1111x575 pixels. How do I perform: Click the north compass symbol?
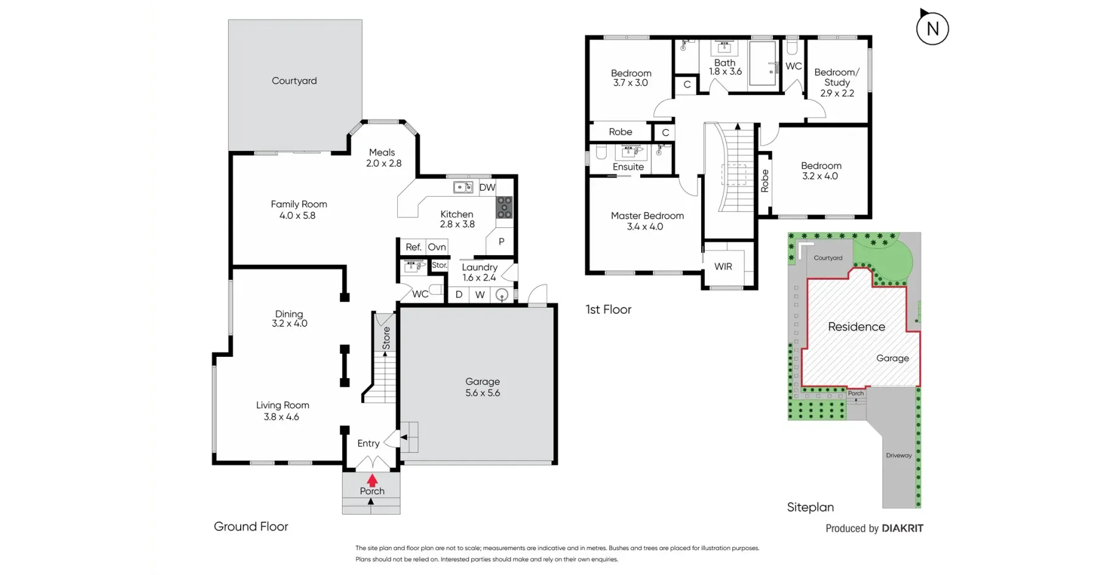[x=932, y=27]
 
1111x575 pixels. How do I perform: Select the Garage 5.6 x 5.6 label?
[x=482, y=387]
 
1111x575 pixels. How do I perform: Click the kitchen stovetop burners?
[x=504, y=207]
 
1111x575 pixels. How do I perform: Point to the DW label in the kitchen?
[x=487, y=188]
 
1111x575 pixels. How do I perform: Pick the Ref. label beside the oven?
[x=414, y=247]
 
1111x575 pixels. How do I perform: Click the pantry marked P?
[x=501, y=241]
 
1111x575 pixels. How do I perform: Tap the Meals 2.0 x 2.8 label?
[x=383, y=158]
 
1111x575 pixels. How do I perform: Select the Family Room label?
[x=298, y=204]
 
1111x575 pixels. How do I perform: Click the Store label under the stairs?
[x=386, y=338]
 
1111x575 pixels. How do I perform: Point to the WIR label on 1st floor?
[x=723, y=266]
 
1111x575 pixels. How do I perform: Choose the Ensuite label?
[x=628, y=167]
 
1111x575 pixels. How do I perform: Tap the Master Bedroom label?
[x=647, y=216]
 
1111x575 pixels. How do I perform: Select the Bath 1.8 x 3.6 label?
[x=725, y=67]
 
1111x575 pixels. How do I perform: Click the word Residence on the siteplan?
[x=856, y=326]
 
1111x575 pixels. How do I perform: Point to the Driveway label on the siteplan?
[x=899, y=456]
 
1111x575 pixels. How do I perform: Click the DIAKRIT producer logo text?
[x=903, y=528]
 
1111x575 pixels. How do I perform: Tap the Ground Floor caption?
[x=251, y=526]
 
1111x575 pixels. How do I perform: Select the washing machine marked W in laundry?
[x=480, y=295]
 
